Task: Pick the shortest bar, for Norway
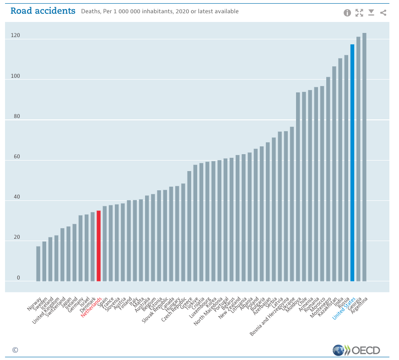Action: tap(38, 263)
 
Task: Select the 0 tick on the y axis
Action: tap(18, 278)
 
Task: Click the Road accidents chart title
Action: tap(43, 11)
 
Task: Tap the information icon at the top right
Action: tap(347, 13)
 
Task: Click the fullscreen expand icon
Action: tap(359, 13)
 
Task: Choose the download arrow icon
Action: tap(371, 13)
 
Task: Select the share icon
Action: tap(383, 13)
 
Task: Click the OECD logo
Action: tap(356, 350)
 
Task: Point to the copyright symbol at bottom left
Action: tap(15, 350)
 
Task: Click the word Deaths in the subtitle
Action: tap(90, 11)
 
